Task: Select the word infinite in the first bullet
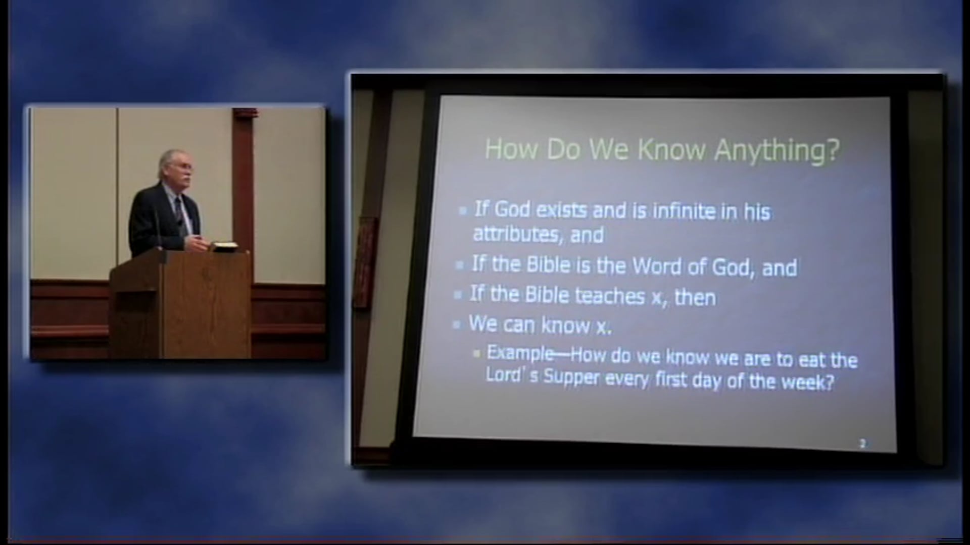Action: [x=684, y=211]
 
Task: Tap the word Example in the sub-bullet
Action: [x=520, y=353]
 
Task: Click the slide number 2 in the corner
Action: [x=862, y=444]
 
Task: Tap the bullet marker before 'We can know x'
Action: [x=457, y=324]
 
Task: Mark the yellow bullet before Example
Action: [x=476, y=354]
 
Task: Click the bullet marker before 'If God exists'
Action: [x=462, y=210]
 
